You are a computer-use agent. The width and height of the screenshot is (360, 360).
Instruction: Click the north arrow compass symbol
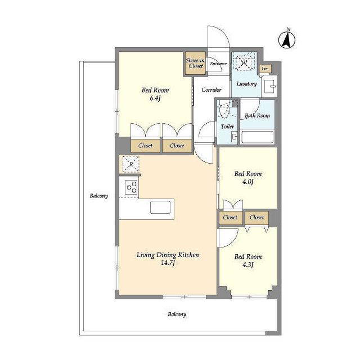(x=287, y=39)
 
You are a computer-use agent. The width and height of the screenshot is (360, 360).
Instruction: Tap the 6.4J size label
(x=155, y=98)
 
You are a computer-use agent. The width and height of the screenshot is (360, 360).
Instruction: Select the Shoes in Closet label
(x=195, y=63)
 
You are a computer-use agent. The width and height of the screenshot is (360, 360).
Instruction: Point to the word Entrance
(x=218, y=64)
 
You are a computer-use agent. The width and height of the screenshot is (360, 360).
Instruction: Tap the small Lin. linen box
(x=265, y=69)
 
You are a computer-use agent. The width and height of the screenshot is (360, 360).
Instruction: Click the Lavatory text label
(x=246, y=84)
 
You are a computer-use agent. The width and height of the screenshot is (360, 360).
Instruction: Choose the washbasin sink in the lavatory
(x=269, y=86)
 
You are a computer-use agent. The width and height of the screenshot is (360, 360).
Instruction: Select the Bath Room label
(x=257, y=115)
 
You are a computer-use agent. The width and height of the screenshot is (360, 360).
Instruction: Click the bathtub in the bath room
(x=258, y=137)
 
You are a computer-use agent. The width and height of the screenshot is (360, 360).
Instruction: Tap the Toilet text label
(x=227, y=127)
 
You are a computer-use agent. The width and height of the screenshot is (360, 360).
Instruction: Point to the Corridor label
(x=211, y=90)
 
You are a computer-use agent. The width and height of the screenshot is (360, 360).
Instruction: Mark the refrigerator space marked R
(x=131, y=164)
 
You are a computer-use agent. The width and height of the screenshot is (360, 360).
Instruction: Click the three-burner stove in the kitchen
(x=131, y=187)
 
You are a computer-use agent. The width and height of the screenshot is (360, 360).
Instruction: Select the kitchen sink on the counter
(x=160, y=208)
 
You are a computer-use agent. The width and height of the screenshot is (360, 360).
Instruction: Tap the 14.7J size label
(x=168, y=263)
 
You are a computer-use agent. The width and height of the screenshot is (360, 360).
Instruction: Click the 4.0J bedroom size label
(x=247, y=182)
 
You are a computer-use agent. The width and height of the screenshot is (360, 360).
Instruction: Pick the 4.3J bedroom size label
(x=247, y=265)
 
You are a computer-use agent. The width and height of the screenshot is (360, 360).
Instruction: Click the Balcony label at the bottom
(x=177, y=314)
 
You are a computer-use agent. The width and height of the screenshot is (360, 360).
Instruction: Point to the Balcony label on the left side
(x=99, y=196)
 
